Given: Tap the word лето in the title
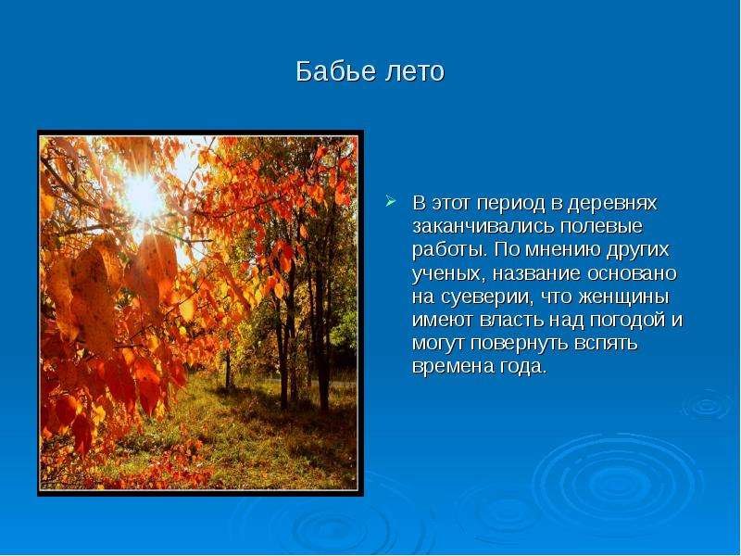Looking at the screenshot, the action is (415, 72).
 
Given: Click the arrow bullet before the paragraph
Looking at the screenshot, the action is (390, 202).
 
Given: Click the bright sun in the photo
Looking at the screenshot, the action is (143, 197).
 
